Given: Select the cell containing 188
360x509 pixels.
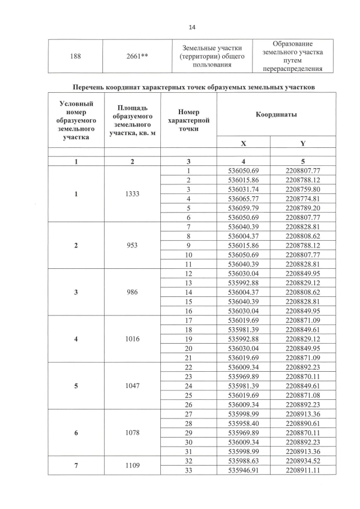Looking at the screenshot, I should coord(75,56).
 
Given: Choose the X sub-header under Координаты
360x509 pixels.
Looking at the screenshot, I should coord(243,143).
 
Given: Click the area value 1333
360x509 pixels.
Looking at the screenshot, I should coord(132,195).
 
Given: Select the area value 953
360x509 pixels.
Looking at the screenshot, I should coord(132,245).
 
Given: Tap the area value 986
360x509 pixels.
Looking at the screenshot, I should coord(132,293).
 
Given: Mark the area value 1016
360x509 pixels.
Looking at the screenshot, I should coord(132,340).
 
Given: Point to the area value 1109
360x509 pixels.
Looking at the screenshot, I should coord(132,466).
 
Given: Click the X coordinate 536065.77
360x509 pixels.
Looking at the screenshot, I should coord(243,199).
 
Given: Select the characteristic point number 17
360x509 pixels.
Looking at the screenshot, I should coord(189,321).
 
